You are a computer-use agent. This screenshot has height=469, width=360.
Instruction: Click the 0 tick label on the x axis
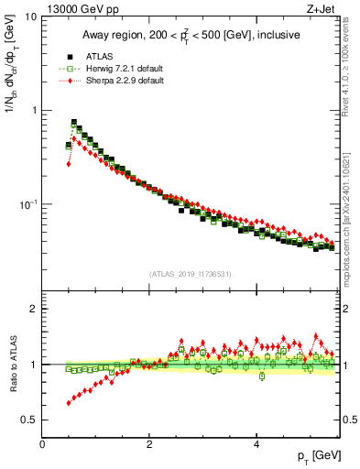(42, 444)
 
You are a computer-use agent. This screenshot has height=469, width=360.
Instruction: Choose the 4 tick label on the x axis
(256, 444)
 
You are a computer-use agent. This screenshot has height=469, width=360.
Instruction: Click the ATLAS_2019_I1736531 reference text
(189, 274)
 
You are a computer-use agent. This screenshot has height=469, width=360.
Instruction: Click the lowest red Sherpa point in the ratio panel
(69, 403)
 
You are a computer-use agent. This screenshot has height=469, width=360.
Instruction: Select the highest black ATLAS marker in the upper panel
(74, 122)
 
